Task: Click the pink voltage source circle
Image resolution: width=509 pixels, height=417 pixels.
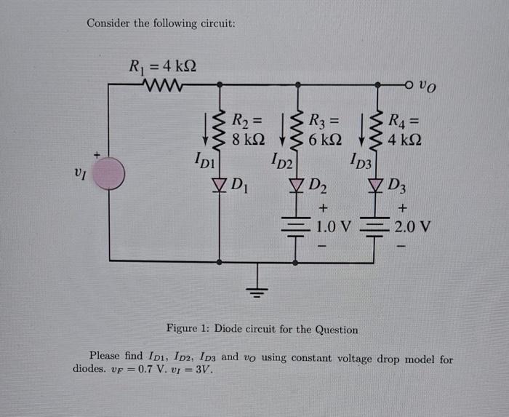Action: pyautogui.click(x=109, y=175)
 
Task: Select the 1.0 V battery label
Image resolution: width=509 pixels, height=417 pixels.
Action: pyautogui.click(x=334, y=227)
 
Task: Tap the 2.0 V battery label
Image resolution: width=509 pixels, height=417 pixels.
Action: pyautogui.click(x=412, y=227)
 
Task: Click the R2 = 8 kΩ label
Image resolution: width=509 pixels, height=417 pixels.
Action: pyautogui.click(x=248, y=129)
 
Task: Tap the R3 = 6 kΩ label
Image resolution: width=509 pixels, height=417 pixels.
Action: pyautogui.click(x=325, y=129)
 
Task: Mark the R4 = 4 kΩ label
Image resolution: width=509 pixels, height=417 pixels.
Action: pyautogui.click(x=404, y=129)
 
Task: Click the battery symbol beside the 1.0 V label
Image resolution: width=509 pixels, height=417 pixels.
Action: pyautogui.click(x=297, y=228)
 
